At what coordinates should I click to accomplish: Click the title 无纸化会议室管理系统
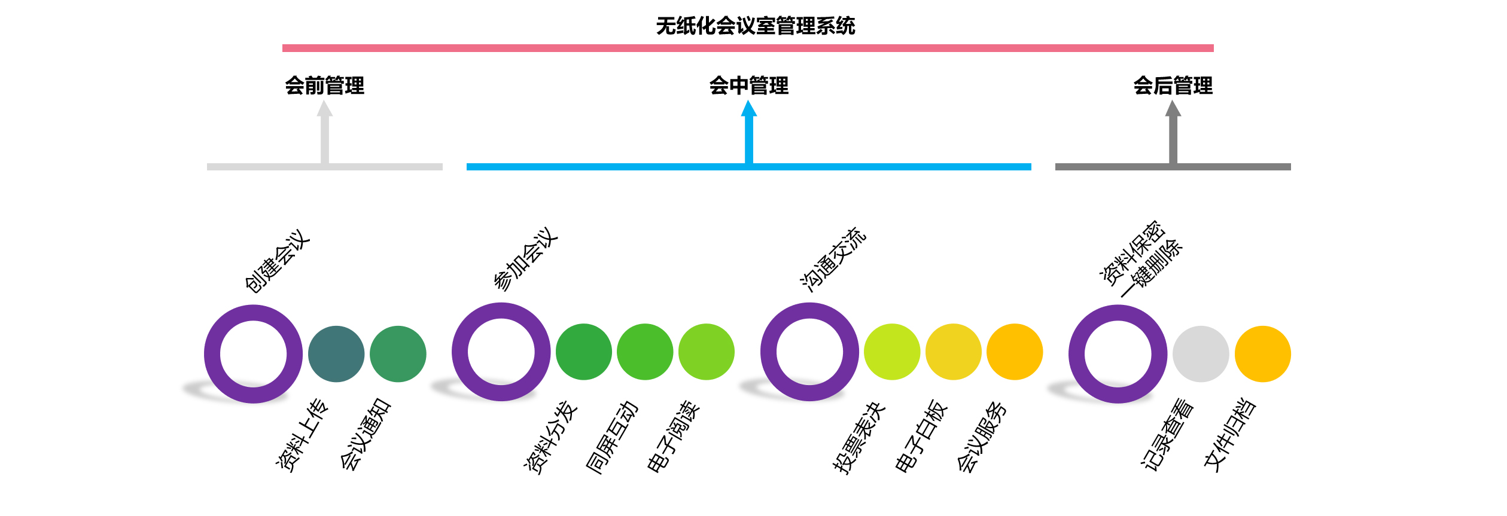point(755,26)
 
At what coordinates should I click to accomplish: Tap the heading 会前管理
point(324,86)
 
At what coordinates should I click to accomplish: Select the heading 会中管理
point(748,86)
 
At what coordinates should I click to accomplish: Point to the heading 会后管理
point(1173,86)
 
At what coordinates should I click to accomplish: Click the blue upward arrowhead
point(748,109)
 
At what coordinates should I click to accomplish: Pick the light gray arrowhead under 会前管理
point(324,109)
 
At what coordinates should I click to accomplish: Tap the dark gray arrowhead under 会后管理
point(1173,109)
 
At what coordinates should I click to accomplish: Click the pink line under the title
point(748,48)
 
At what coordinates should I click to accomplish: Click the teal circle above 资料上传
point(336,354)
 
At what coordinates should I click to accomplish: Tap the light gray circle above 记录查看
point(1201,354)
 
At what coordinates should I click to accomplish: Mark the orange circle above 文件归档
point(1262,354)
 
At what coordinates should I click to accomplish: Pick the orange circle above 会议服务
point(1015,352)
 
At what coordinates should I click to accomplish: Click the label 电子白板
point(921,436)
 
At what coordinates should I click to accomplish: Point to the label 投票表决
point(859,438)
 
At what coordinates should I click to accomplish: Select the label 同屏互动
point(612,437)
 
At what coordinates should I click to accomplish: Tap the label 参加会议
point(525,258)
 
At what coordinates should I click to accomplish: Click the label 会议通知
point(365,433)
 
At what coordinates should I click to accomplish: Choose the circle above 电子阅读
point(707,352)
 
